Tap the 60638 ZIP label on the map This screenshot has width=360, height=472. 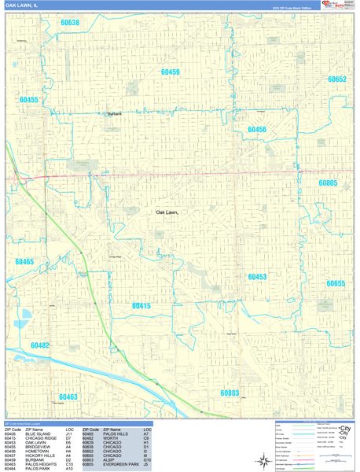point(70,23)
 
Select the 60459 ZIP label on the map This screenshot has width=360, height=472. point(170,72)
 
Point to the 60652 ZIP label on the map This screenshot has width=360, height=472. point(336,79)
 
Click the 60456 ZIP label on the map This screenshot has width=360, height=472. point(257,130)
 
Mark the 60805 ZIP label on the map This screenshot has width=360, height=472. point(328,183)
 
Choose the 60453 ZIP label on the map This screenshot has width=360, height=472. point(257,277)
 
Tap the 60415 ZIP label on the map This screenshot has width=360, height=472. point(141,305)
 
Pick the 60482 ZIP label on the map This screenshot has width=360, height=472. point(40,345)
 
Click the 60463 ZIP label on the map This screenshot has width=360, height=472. point(68,397)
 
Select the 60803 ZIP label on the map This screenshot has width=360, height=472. point(229,392)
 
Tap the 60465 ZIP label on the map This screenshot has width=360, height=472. point(24,262)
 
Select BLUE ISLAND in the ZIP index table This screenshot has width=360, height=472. point(39,433)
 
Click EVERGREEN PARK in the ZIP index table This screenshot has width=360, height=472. point(122,465)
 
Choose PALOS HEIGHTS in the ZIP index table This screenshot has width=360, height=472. point(41,465)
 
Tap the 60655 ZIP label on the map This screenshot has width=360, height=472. point(336,283)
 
